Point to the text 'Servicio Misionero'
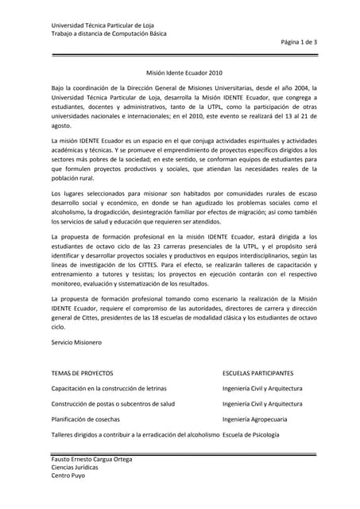tap(76, 342)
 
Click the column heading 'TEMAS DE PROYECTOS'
tap(82, 373)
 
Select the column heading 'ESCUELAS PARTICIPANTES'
tap(258, 373)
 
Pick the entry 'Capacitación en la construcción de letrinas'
tap(109, 389)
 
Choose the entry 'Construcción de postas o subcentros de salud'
tap(113, 404)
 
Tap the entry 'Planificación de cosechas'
tap(85, 419)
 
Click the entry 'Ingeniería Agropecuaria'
tap(255, 419)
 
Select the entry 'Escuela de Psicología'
tap(251, 434)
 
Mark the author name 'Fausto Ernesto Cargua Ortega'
tap(92, 460)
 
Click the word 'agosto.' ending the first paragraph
tap(61, 126)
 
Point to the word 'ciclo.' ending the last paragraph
tap(59, 326)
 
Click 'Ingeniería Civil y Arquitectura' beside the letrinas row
tap(262, 389)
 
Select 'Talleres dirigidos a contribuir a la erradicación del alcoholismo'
tap(135, 434)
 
